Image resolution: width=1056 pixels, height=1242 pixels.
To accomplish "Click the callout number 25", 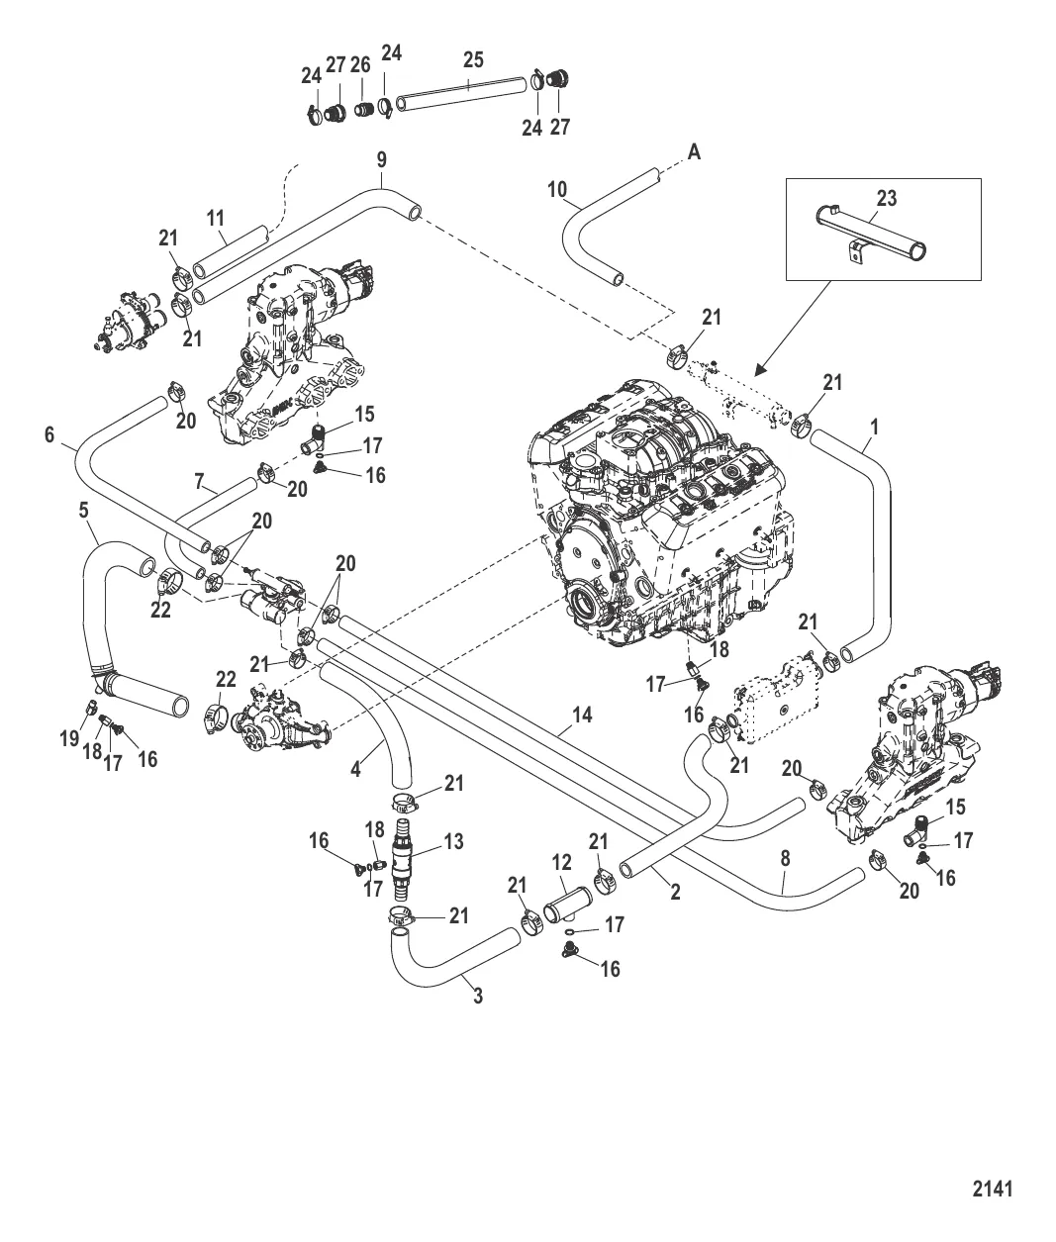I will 473,59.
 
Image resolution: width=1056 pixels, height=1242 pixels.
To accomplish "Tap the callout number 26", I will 360,65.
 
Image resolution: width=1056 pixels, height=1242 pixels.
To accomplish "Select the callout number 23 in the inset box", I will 886,198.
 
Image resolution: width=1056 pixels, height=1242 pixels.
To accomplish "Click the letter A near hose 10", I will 694,151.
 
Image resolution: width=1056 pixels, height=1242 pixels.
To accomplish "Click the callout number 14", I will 582,714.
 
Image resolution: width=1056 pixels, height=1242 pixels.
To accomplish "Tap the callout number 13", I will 454,842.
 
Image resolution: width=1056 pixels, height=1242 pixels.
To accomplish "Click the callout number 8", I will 786,860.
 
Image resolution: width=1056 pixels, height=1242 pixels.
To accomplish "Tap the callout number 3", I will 478,996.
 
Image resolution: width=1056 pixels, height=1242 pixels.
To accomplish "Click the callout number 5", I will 84,511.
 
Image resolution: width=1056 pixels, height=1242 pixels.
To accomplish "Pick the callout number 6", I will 49,433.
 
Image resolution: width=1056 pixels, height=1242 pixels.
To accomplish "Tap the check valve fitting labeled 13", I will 402,852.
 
